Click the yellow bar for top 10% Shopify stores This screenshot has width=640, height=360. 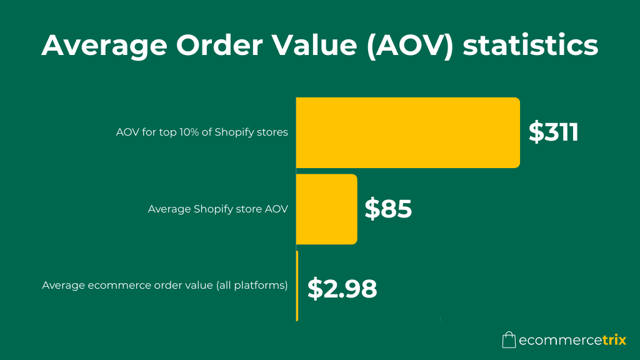pos(407,132)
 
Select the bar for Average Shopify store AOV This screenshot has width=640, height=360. pos(326,209)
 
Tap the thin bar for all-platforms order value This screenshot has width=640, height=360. pos(297,286)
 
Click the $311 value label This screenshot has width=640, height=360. pos(554,132)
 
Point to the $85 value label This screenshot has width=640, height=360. pos(388,209)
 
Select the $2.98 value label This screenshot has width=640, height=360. pos(342,288)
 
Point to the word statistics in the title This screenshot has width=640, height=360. pos(530,46)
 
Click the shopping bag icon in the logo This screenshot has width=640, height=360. pos(509,340)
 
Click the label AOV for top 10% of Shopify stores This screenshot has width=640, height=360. pos(202,132)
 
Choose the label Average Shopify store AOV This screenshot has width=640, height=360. pos(218,209)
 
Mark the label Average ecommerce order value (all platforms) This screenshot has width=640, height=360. pos(165,286)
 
